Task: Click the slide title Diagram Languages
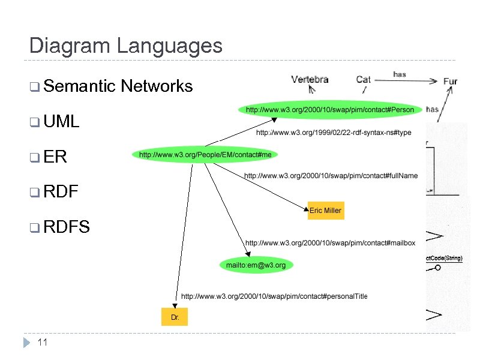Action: pyautogui.click(x=125, y=46)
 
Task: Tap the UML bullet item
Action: pyautogui.click(x=62, y=122)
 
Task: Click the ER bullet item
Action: pyautogui.click(x=55, y=157)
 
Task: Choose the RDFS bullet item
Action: pyautogui.click(x=67, y=227)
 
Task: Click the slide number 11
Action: pyautogui.click(x=42, y=343)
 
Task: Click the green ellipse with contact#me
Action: pyautogui.click(x=205, y=155)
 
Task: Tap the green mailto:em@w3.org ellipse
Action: pyautogui.click(x=256, y=265)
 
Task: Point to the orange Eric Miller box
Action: pyautogui.click(x=326, y=211)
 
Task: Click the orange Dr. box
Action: pyautogui.click(x=175, y=316)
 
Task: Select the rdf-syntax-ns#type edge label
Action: pyautogui.click(x=334, y=133)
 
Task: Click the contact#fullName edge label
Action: pyautogui.click(x=331, y=176)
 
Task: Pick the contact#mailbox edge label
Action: pyautogui.click(x=330, y=243)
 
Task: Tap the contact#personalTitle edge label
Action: pyautogui.click(x=274, y=296)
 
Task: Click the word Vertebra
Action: pyautogui.click(x=310, y=79)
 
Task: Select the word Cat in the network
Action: pyautogui.click(x=363, y=79)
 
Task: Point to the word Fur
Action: pyautogui.click(x=450, y=81)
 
